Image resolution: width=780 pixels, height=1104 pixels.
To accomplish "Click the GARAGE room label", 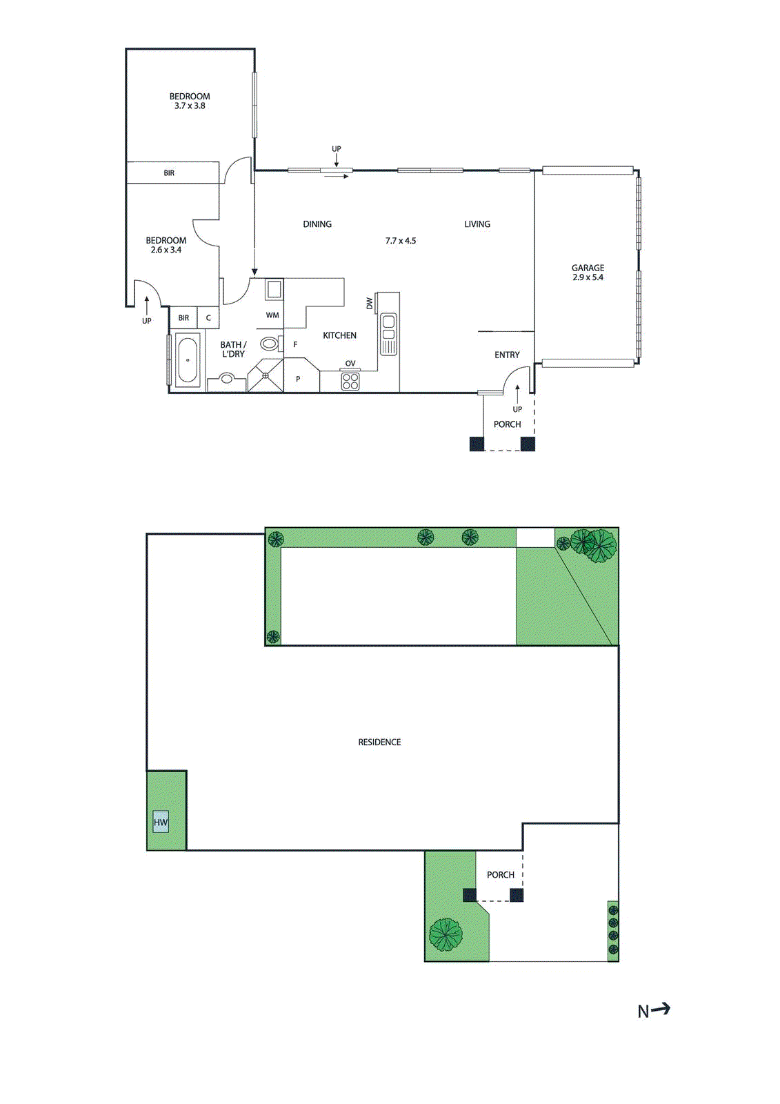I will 588,268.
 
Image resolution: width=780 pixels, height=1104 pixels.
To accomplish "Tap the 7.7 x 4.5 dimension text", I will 401,241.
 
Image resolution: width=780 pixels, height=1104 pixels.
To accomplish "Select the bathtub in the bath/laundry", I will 188,359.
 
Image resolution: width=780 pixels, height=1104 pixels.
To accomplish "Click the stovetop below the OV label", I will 350,381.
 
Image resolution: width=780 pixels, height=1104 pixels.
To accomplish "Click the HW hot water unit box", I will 161,822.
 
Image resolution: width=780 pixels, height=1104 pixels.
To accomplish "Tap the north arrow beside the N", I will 661,1009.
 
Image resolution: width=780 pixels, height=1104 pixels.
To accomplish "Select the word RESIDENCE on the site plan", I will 379,742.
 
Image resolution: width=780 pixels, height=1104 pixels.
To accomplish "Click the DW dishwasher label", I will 370,304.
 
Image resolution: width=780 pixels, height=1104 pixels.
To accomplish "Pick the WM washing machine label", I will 272,315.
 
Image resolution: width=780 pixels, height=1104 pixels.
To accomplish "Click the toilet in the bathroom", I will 270,343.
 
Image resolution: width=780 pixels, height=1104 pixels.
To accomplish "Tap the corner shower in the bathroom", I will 266,375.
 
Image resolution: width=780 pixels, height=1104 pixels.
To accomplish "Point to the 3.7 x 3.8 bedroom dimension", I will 190,106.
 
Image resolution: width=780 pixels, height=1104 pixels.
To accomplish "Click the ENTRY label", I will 507,355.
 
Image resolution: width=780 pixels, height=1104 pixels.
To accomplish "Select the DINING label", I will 317,224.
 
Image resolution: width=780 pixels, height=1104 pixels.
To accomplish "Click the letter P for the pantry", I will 298,379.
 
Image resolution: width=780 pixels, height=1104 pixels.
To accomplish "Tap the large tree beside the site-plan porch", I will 446,935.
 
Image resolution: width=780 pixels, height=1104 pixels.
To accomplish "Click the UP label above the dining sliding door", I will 337,149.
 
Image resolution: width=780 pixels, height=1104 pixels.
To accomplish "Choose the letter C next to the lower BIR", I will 208,318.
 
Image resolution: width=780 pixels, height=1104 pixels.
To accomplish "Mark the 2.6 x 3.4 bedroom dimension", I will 166,250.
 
